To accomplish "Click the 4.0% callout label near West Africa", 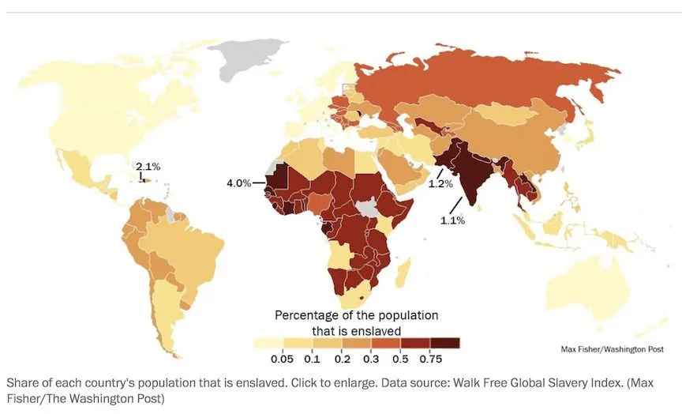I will [238, 183].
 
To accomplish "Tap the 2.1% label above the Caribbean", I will [148, 167].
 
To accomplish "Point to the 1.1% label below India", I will [452, 220].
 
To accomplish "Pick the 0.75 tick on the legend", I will [430, 359].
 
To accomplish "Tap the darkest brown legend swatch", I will [444, 343].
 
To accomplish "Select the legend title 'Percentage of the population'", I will [356, 315].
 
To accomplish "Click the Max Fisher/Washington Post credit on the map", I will [612, 348].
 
